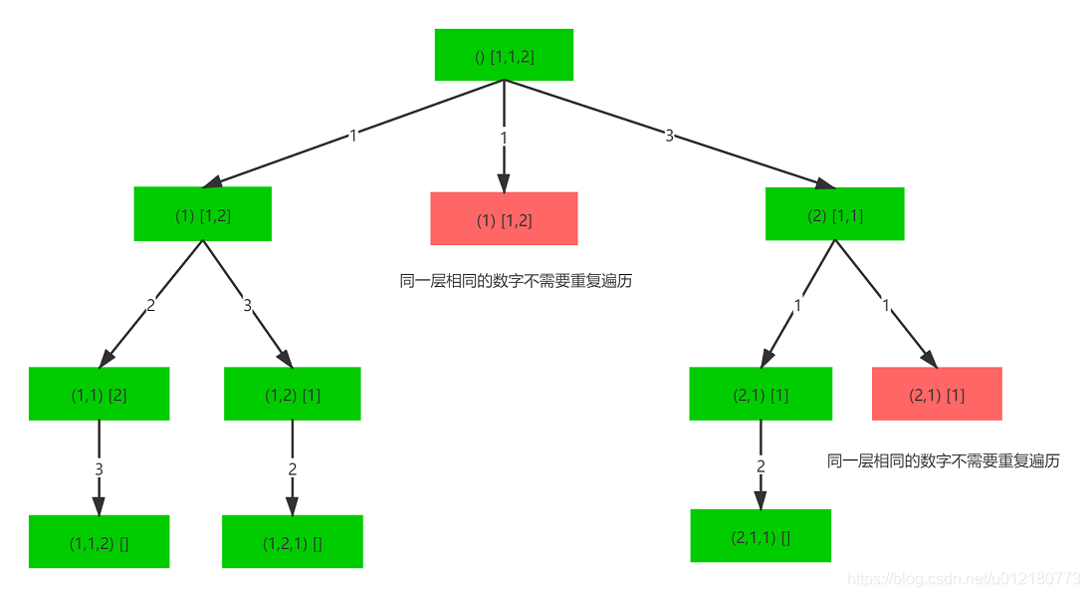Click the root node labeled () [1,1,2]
(x=504, y=56)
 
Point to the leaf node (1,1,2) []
(x=99, y=543)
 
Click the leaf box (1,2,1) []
(x=292, y=543)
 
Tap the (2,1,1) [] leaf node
(x=761, y=537)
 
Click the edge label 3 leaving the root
(x=669, y=136)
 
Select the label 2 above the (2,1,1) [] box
(x=761, y=465)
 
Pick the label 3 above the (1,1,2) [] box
(x=99, y=468)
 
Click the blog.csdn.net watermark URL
(x=960, y=579)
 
